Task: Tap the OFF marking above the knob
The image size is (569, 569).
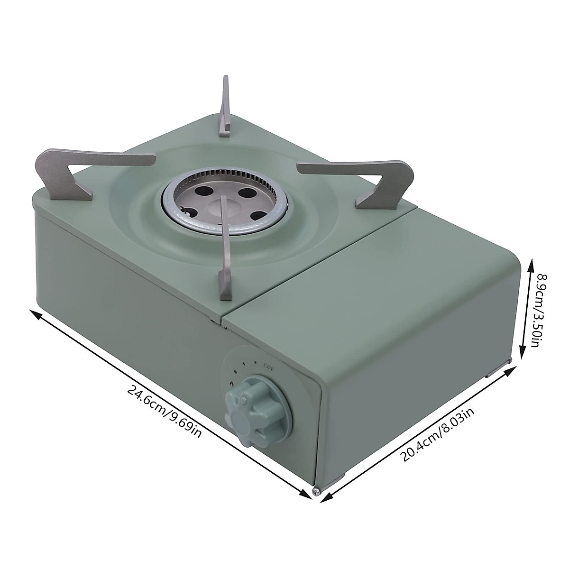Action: tap(268, 365)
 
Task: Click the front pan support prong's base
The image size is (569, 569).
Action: tap(224, 284)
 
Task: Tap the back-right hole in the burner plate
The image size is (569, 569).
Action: tap(246, 193)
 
